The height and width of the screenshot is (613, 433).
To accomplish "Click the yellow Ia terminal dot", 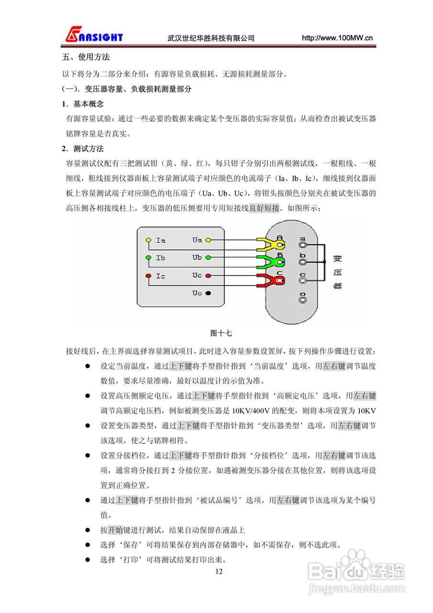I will tap(148, 240).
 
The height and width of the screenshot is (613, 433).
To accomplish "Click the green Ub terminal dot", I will tap(208, 258).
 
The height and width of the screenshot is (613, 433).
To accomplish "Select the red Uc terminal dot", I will tap(208, 276).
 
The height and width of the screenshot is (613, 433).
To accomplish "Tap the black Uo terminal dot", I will tap(208, 293).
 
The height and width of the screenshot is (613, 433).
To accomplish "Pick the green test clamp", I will tap(271, 262).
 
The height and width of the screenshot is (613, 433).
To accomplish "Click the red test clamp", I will tap(271, 280).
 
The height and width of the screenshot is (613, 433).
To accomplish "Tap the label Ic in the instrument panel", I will tap(161, 276).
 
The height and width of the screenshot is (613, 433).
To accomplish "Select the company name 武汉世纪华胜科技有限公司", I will tap(211, 38).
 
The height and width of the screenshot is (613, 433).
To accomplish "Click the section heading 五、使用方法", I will tap(86, 57).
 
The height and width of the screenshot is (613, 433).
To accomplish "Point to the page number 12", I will tap(219, 571).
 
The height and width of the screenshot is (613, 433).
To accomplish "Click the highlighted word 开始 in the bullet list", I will tap(115, 530).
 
